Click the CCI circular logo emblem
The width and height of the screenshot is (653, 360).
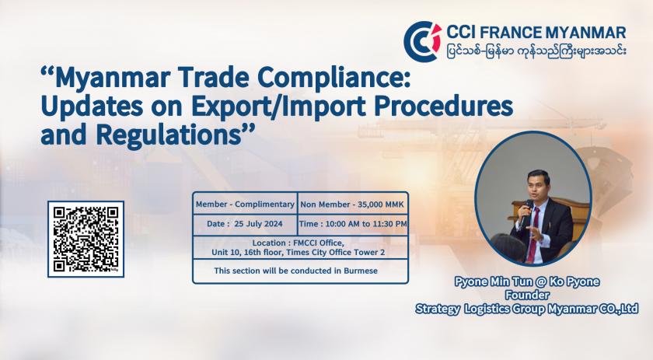[x=422, y=41]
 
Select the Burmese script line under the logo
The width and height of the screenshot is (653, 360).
[x=536, y=51]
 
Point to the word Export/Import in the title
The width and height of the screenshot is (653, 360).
[x=278, y=107]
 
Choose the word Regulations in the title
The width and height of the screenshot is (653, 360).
[x=169, y=135]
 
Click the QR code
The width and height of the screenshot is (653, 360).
[x=86, y=239]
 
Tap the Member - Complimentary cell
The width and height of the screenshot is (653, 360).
[x=245, y=204]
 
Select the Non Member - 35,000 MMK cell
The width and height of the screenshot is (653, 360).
[x=352, y=204]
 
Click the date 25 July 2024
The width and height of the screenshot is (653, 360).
[x=258, y=224]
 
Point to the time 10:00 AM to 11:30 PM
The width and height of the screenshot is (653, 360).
[x=366, y=224]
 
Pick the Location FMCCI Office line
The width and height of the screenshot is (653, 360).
[x=299, y=243]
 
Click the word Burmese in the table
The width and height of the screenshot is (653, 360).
[x=361, y=271]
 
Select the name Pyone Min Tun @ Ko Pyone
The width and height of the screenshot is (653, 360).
[x=527, y=281]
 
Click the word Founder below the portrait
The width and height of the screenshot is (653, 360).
[x=527, y=295]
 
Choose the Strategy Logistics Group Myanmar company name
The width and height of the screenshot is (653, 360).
[x=527, y=309]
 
